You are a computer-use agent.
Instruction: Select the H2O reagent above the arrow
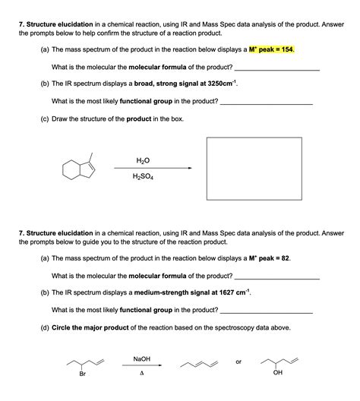point(142,160)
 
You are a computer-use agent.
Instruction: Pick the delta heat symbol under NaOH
point(141,374)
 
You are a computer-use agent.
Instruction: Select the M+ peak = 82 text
point(265,257)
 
